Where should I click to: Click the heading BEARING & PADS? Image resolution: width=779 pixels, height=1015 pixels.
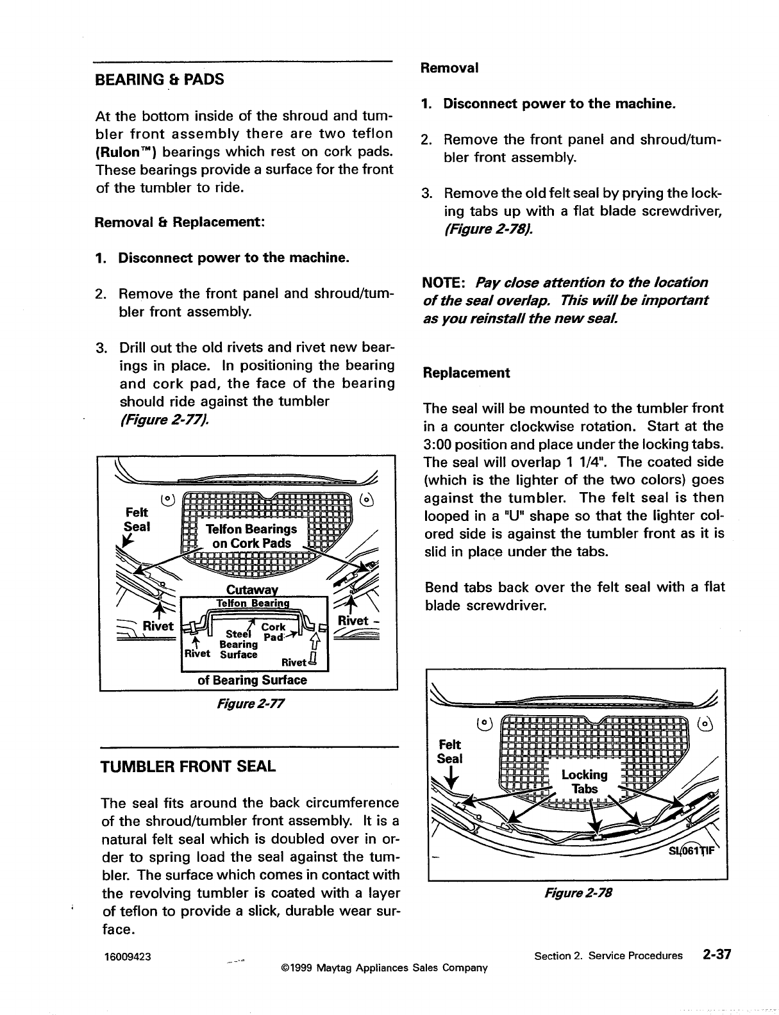tap(159, 80)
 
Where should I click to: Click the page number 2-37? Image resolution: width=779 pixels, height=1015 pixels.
tap(716, 955)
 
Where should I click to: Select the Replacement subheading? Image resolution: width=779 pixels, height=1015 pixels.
tap(466, 373)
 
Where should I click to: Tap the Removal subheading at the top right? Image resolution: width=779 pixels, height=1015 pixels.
tap(449, 67)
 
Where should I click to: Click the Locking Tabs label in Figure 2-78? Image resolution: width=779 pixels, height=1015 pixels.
tap(584, 782)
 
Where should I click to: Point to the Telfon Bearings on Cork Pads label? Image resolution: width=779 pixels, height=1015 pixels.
tap(251, 536)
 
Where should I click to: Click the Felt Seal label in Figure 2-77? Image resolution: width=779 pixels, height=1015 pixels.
tap(137, 520)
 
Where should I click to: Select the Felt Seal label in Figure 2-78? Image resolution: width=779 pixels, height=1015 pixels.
tap(449, 751)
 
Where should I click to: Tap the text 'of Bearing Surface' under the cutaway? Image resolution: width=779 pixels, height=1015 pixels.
tap(251, 680)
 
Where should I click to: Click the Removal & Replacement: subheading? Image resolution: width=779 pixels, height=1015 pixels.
tap(180, 222)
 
